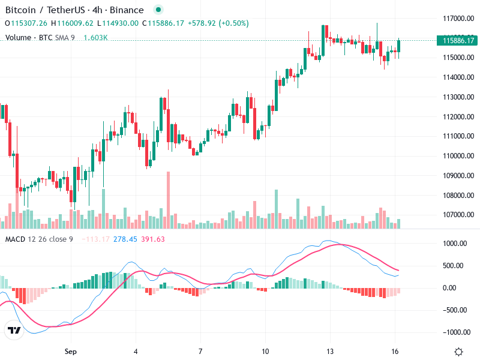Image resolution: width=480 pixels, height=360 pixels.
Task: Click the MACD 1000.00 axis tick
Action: tap(455, 244)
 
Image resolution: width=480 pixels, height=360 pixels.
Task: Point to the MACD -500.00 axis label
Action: tap(454, 310)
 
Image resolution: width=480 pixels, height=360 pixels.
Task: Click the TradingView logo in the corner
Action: tap(13, 331)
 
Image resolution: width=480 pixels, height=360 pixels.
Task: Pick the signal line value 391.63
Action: tap(153, 239)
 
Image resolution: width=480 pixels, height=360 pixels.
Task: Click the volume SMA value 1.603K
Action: tap(95, 37)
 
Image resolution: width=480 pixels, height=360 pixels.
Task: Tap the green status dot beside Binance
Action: tap(158, 10)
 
